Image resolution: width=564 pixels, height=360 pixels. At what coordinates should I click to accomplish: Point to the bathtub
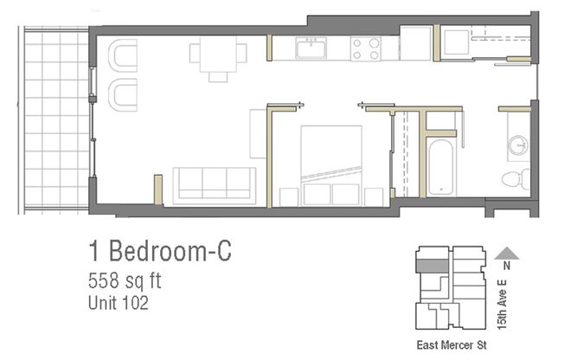coord(441,170)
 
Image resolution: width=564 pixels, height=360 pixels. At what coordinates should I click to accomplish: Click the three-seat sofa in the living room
coord(214,184)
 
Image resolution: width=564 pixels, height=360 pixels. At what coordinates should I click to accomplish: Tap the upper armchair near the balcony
coord(124,57)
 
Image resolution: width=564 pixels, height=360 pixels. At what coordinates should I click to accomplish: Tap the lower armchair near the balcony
coord(124,93)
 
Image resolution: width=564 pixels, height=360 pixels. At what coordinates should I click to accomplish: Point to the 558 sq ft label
coord(125,281)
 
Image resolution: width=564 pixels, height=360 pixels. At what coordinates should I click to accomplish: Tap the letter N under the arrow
coord(508,267)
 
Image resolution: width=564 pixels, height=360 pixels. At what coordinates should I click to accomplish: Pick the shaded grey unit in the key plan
coord(433,266)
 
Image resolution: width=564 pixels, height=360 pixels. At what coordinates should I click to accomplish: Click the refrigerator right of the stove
coord(415,43)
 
